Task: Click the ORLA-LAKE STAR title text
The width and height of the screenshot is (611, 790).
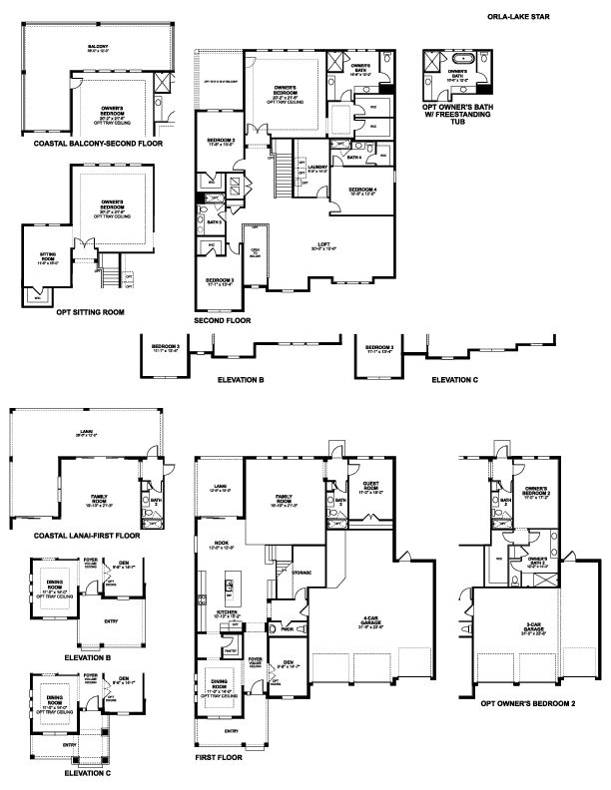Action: [x=543, y=18]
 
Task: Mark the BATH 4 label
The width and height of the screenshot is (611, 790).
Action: [x=353, y=157]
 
